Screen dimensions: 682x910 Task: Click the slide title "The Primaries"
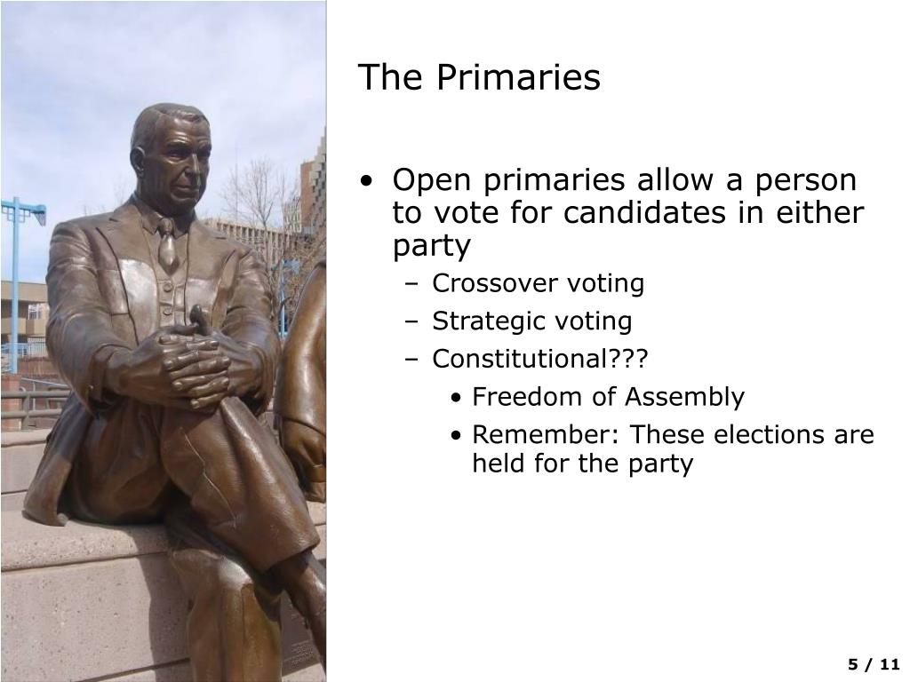pos(479,78)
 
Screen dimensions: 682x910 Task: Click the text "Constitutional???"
pos(540,359)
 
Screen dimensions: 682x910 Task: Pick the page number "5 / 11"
pos(874,665)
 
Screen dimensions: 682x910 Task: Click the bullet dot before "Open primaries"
pos(368,182)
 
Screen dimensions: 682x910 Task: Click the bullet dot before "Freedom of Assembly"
pos(456,398)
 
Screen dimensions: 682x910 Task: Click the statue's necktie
pos(166,244)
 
